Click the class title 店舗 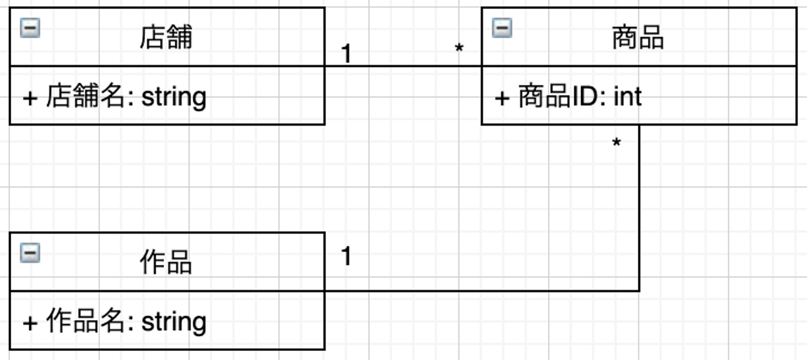click(166, 38)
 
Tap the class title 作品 click(166, 262)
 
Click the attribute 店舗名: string click(114, 97)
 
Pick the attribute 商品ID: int click(568, 97)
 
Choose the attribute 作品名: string click(114, 322)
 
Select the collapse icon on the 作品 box click(30, 253)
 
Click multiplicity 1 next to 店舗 click(346, 54)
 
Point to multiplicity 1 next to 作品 click(346, 256)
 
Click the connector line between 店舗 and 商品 click(403, 66)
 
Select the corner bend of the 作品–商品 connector click(639, 290)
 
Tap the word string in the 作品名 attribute click(174, 322)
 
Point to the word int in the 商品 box click(628, 97)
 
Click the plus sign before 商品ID click(502, 98)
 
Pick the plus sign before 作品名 click(30, 323)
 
